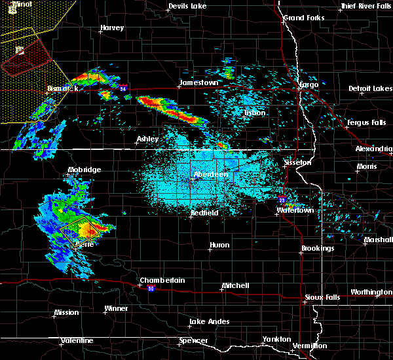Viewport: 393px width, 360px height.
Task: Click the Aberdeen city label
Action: [x=211, y=175]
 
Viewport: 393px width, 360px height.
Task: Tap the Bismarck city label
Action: [x=64, y=88]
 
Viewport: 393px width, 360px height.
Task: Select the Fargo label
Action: [x=309, y=85]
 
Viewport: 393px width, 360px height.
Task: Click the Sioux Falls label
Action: [x=324, y=298]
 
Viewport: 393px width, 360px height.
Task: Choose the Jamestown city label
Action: [x=199, y=83]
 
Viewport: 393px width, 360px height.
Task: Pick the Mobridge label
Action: [x=84, y=170]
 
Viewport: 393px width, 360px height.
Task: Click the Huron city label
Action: [x=219, y=245]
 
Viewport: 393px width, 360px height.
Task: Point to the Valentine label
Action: [x=77, y=341]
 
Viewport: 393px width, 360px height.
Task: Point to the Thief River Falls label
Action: [x=365, y=7]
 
